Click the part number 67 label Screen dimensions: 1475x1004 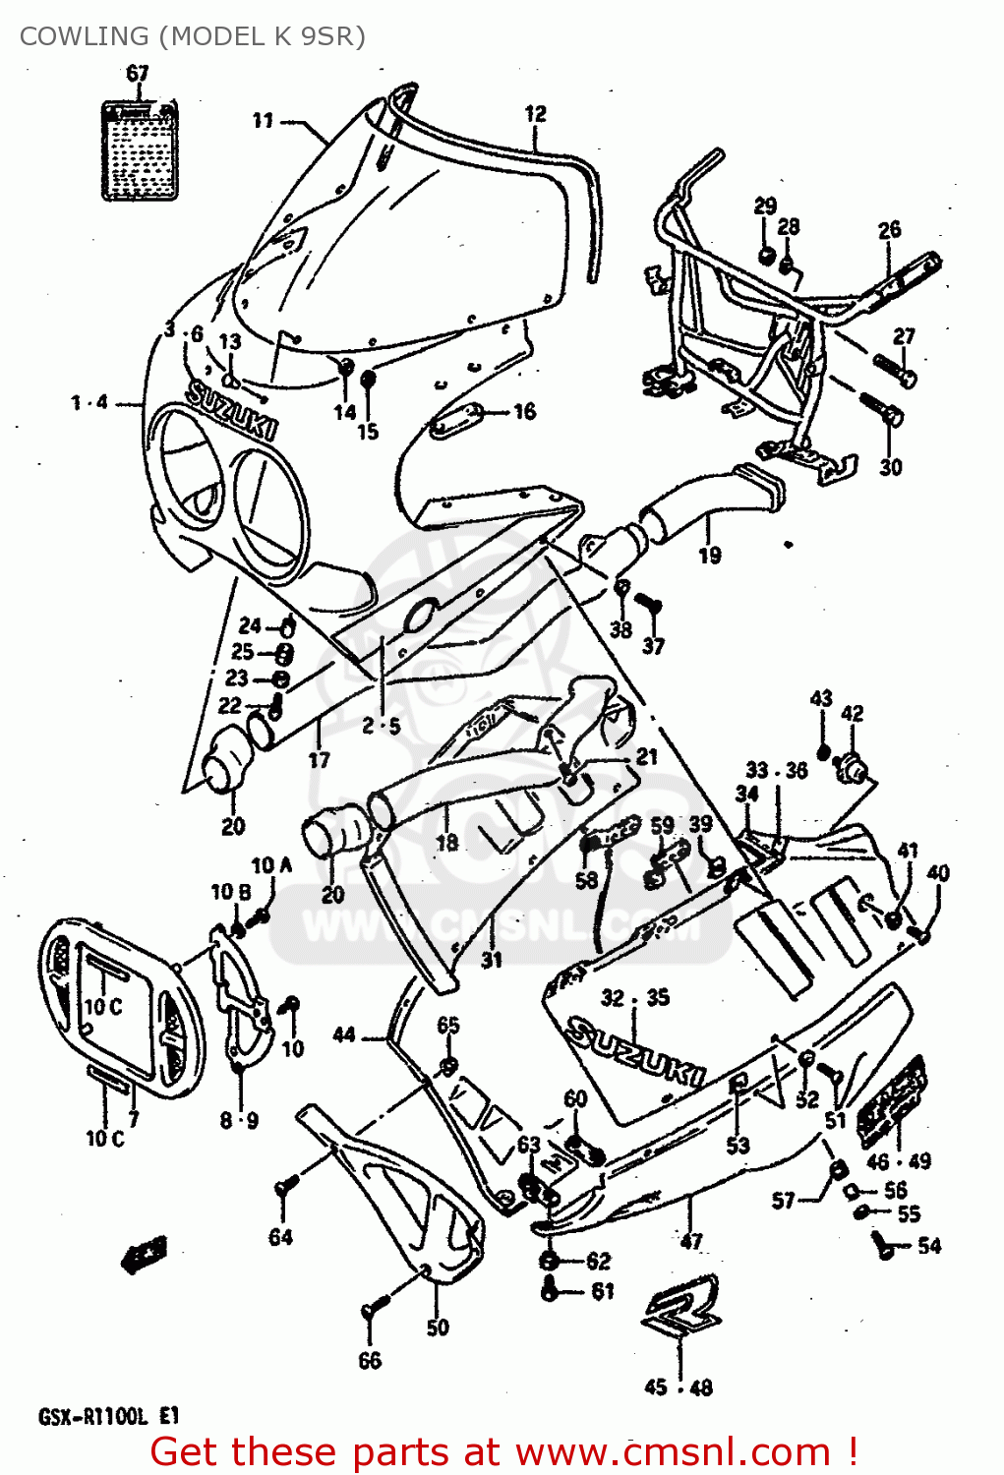click(138, 73)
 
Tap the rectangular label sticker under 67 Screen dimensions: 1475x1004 click(141, 150)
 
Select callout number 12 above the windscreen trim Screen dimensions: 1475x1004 click(535, 114)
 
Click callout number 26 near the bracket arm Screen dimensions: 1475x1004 click(889, 230)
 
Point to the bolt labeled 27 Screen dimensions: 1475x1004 click(896, 371)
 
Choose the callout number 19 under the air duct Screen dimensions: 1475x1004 click(709, 556)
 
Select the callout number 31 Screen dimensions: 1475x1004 click(492, 960)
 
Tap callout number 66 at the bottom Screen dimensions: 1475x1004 click(370, 1361)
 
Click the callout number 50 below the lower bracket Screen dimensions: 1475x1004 click(438, 1327)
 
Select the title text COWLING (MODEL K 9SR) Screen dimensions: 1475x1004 click(192, 36)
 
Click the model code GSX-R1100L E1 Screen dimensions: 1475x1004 click(109, 1417)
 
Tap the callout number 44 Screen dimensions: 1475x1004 click(343, 1034)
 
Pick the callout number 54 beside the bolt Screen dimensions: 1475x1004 click(929, 1246)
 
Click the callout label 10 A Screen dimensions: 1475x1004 click(271, 865)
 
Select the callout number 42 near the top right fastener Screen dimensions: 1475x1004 click(853, 713)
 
